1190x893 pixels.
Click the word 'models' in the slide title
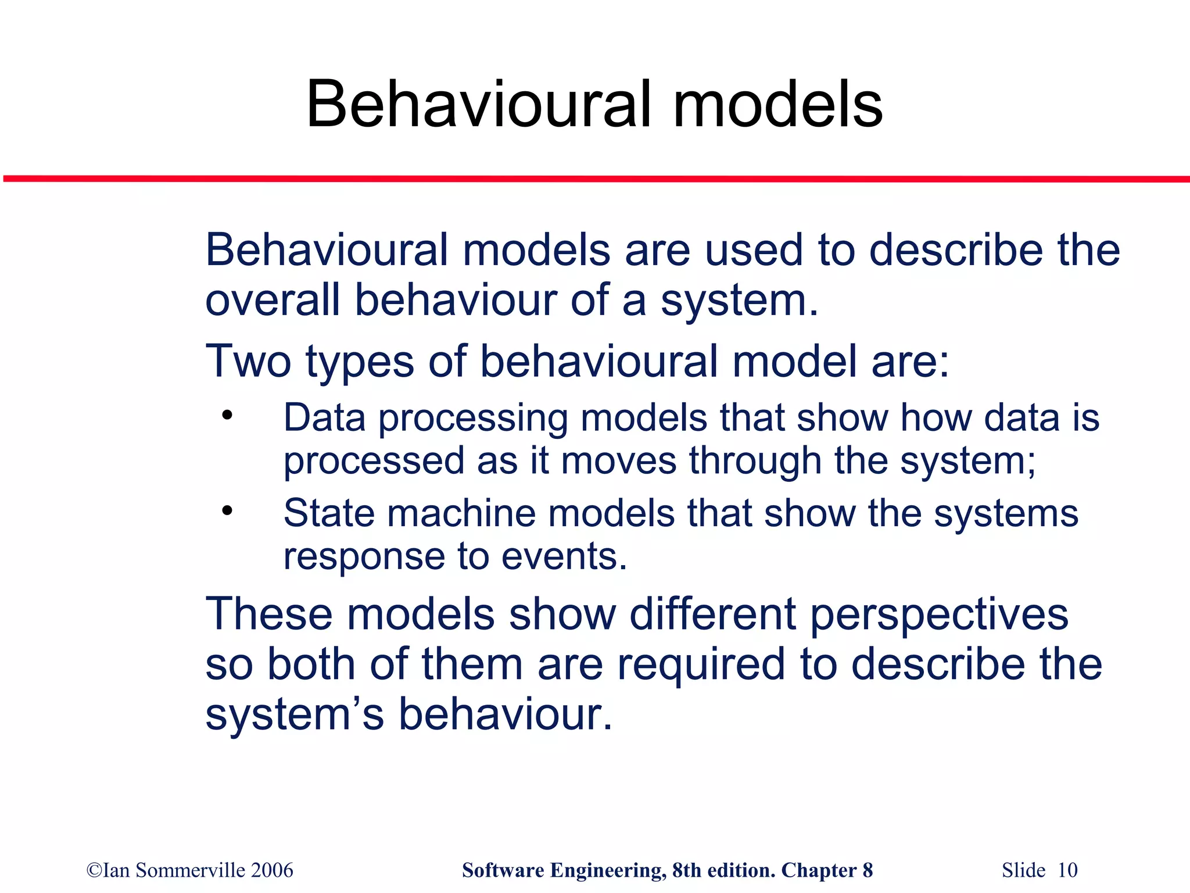pos(777,105)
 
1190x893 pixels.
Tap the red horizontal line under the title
pos(595,178)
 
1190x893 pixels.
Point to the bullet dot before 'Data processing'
pos(227,416)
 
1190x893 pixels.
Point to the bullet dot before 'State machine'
pos(227,511)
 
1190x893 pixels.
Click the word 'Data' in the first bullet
pos(324,418)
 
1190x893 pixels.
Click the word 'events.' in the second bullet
pos(564,557)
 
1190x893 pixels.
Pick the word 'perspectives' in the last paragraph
pos(938,615)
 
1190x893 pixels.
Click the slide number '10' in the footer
pos(1067,870)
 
